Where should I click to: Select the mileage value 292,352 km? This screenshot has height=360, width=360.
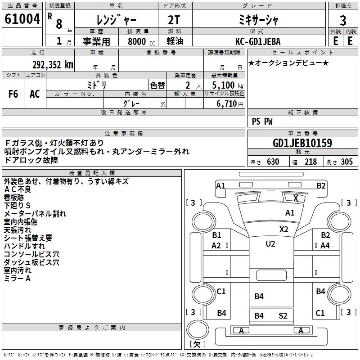click(x=53, y=64)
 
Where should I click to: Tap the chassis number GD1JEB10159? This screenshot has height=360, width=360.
click(x=302, y=144)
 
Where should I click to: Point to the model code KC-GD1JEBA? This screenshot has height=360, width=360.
click(x=258, y=41)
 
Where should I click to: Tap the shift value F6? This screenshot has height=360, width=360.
click(x=13, y=94)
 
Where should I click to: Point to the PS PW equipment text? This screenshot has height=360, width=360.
click(x=262, y=121)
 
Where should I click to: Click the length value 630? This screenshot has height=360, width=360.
click(x=273, y=162)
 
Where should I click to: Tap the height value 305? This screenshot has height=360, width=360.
click(x=346, y=162)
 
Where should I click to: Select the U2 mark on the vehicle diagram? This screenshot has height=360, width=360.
click(x=270, y=243)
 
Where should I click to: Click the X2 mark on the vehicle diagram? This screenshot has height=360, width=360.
click(x=283, y=229)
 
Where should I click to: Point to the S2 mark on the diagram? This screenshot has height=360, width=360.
click(x=283, y=315)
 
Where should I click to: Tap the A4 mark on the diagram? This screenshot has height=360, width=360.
click(x=325, y=245)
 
